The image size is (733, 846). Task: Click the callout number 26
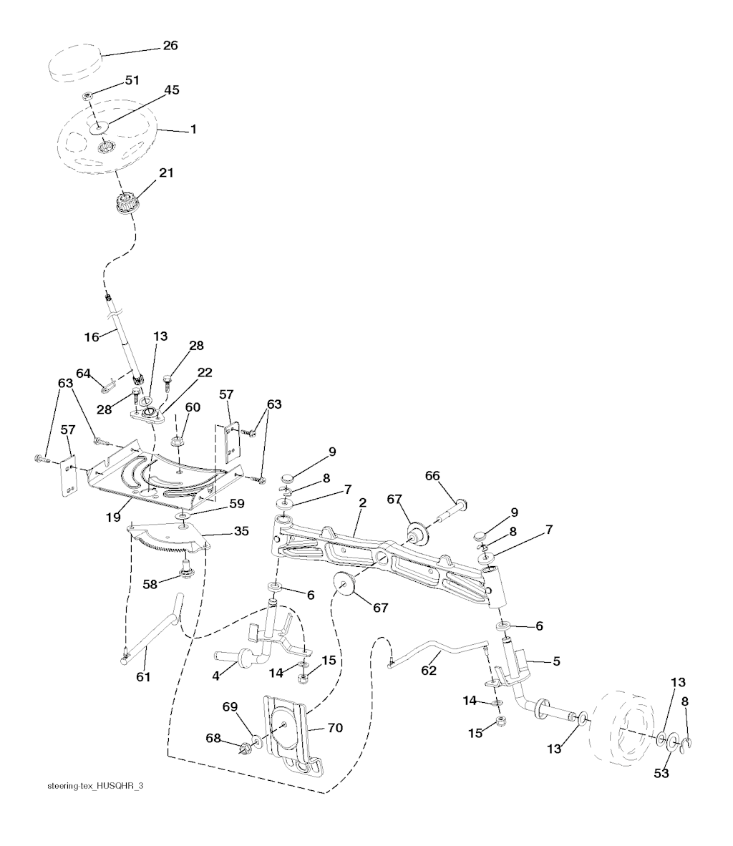170,45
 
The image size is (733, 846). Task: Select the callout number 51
132,80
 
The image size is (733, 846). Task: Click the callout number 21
165,172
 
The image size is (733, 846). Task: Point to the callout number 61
143,676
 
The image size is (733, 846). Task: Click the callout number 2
363,502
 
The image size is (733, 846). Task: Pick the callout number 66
452,476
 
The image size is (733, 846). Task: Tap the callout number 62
428,671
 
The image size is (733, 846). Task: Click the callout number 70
334,727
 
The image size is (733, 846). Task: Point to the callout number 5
556,661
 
